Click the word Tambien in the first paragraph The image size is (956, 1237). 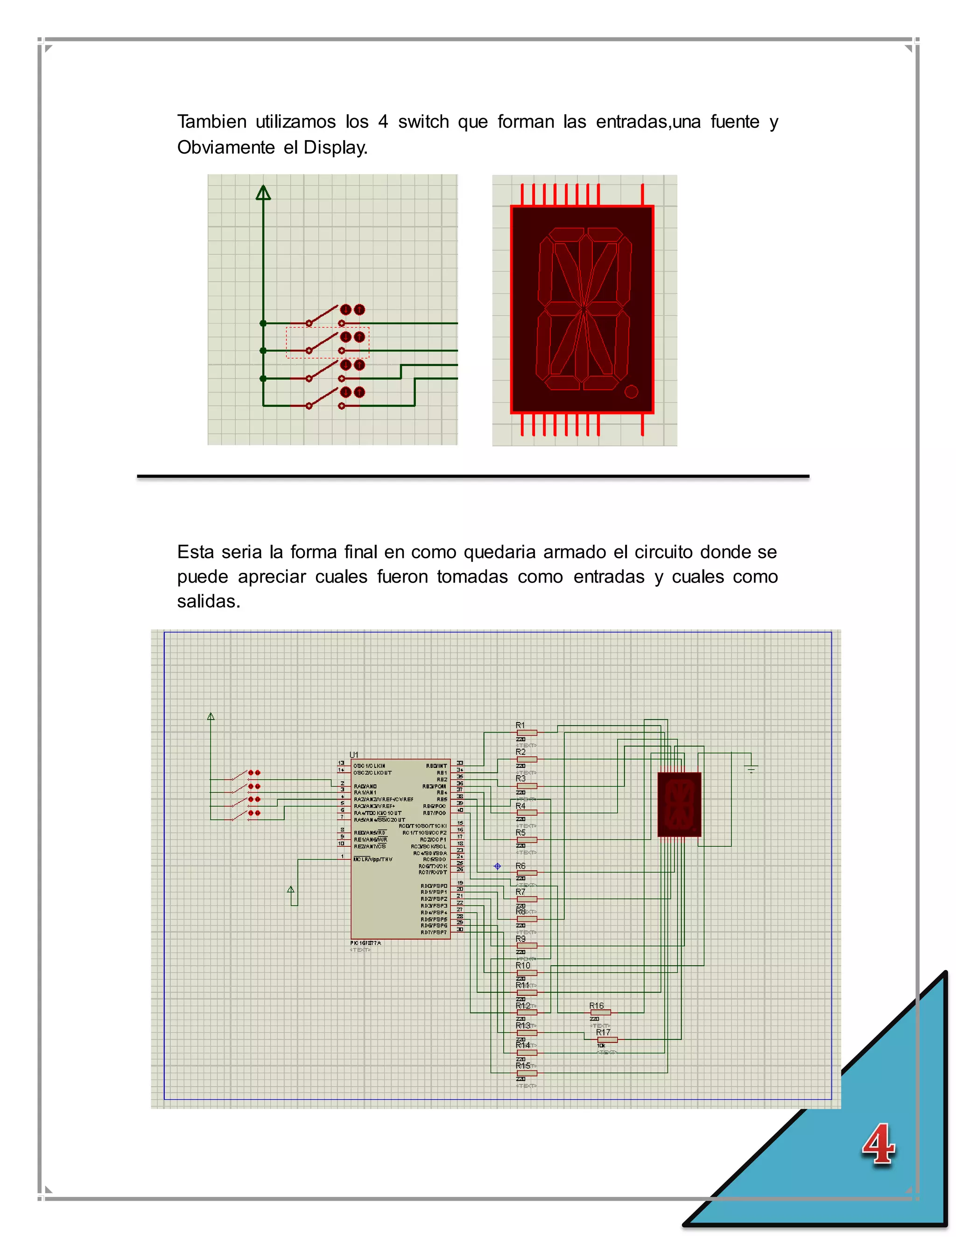click(x=211, y=122)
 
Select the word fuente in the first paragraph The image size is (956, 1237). click(x=735, y=122)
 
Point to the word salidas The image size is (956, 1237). click(x=208, y=601)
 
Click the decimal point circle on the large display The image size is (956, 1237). click(x=631, y=391)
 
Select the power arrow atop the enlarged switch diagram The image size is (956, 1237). click(x=263, y=193)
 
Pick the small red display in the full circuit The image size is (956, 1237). click(x=679, y=804)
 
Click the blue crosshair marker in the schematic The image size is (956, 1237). click(x=497, y=866)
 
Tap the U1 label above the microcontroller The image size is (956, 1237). click(x=354, y=754)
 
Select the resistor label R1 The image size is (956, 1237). click(x=520, y=725)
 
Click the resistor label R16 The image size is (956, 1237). click(x=597, y=1005)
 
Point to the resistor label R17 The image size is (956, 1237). click(x=603, y=1033)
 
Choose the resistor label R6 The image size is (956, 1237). click(x=520, y=866)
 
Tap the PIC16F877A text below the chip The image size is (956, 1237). click(x=366, y=943)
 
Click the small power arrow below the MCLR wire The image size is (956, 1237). click(x=291, y=890)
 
